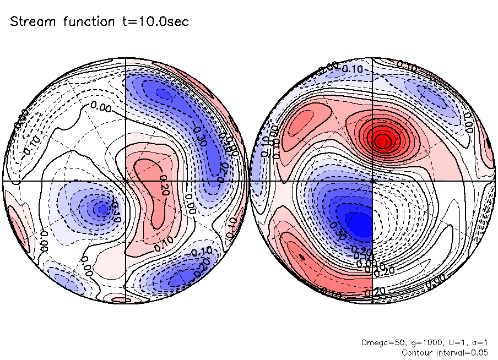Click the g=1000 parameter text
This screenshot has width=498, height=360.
coord(419,342)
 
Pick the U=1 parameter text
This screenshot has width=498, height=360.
coord(450,342)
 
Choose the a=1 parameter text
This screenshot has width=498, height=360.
coord(475,342)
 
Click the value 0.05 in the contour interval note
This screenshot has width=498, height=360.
coord(478,352)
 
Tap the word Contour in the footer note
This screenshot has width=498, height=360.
coord(418,352)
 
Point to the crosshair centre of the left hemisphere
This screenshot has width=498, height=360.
coord(126,181)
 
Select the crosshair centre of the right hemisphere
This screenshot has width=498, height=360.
coord(373,181)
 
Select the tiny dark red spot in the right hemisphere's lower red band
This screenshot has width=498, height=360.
coord(301,257)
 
